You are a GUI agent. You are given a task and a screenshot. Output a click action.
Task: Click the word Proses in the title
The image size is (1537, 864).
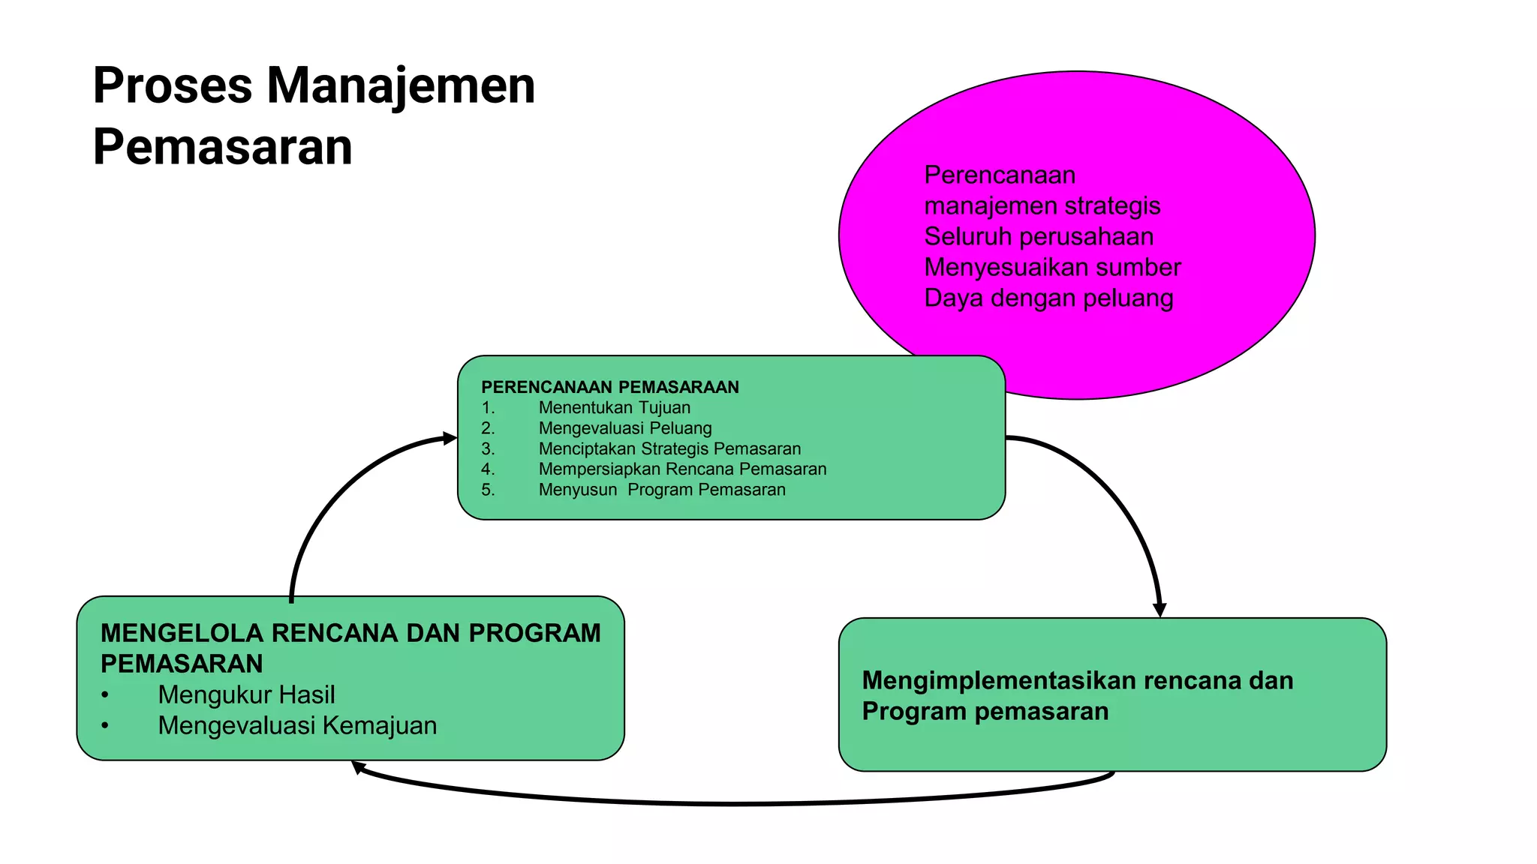(x=172, y=85)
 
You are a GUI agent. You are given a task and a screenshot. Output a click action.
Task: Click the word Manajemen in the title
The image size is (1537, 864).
(x=401, y=85)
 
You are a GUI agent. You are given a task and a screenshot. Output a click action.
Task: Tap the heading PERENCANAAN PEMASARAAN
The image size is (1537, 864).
(x=609, y=387)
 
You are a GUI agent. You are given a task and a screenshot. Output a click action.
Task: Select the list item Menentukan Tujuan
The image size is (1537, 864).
(x=614, y=408)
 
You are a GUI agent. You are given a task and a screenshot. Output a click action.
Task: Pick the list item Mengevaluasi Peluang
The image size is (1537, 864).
(x=624, y=428)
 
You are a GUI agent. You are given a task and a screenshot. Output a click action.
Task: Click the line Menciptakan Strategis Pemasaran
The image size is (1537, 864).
(x=669, y=448)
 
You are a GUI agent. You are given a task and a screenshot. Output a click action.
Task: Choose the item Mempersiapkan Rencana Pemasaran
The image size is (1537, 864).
(x=682, y=469)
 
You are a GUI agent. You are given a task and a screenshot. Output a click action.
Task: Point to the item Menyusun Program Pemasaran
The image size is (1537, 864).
(x=661, y=490)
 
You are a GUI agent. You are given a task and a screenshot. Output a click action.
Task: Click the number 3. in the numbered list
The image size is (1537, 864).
(x=488, y=448)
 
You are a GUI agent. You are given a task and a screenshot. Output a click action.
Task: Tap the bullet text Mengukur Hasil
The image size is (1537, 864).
(x=246, y=695)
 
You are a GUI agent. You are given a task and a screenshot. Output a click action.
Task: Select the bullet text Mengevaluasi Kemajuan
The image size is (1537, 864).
(x=297, y=726)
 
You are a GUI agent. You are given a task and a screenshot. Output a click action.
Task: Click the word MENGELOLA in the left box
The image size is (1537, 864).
(x=182, y=634)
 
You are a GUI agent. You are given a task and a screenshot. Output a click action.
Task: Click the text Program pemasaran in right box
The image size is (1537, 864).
(x=985, y=711)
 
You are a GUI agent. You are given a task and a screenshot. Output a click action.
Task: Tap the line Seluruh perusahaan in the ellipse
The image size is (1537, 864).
(x=1039, y=237)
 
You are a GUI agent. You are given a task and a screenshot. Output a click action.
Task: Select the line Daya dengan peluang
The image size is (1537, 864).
(x=1048, y=298)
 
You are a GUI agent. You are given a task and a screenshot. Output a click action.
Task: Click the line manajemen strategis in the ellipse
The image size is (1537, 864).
(x=1042, y=206)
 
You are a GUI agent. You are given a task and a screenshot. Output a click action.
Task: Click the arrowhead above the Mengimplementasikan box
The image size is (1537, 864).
(x=1160, y=609)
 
